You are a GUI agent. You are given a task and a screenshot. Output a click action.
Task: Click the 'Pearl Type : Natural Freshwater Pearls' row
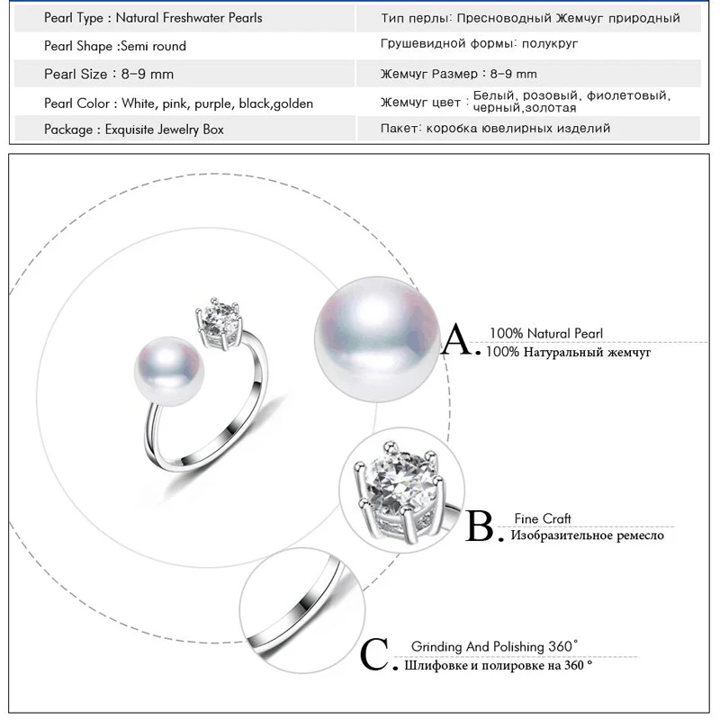[x=153, y=18]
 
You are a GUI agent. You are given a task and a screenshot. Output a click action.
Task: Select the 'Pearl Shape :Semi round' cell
[x=115, y=46]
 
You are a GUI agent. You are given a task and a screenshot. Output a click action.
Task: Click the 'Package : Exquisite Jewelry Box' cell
[x=134, y=130]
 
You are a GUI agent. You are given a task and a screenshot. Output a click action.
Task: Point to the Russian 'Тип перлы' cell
[x=530, y=18]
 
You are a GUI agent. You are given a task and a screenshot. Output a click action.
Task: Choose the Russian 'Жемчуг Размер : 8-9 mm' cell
[x=459, y=75]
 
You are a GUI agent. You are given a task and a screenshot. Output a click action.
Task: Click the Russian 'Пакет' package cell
[x=495, y=129]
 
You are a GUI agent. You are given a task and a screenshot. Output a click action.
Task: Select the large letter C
[x=376, y=655]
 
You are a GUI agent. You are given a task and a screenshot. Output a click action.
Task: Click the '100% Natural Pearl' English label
[x=545, y=334]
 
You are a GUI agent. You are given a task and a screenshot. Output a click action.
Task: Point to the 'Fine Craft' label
[x=543, y=518]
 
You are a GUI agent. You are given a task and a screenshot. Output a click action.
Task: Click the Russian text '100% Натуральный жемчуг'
[x=568, y=353]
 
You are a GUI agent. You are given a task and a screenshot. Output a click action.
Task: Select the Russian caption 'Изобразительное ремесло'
[x=587, y=536]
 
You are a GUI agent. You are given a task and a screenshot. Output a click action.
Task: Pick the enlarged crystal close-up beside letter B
[x=397, y=490]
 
